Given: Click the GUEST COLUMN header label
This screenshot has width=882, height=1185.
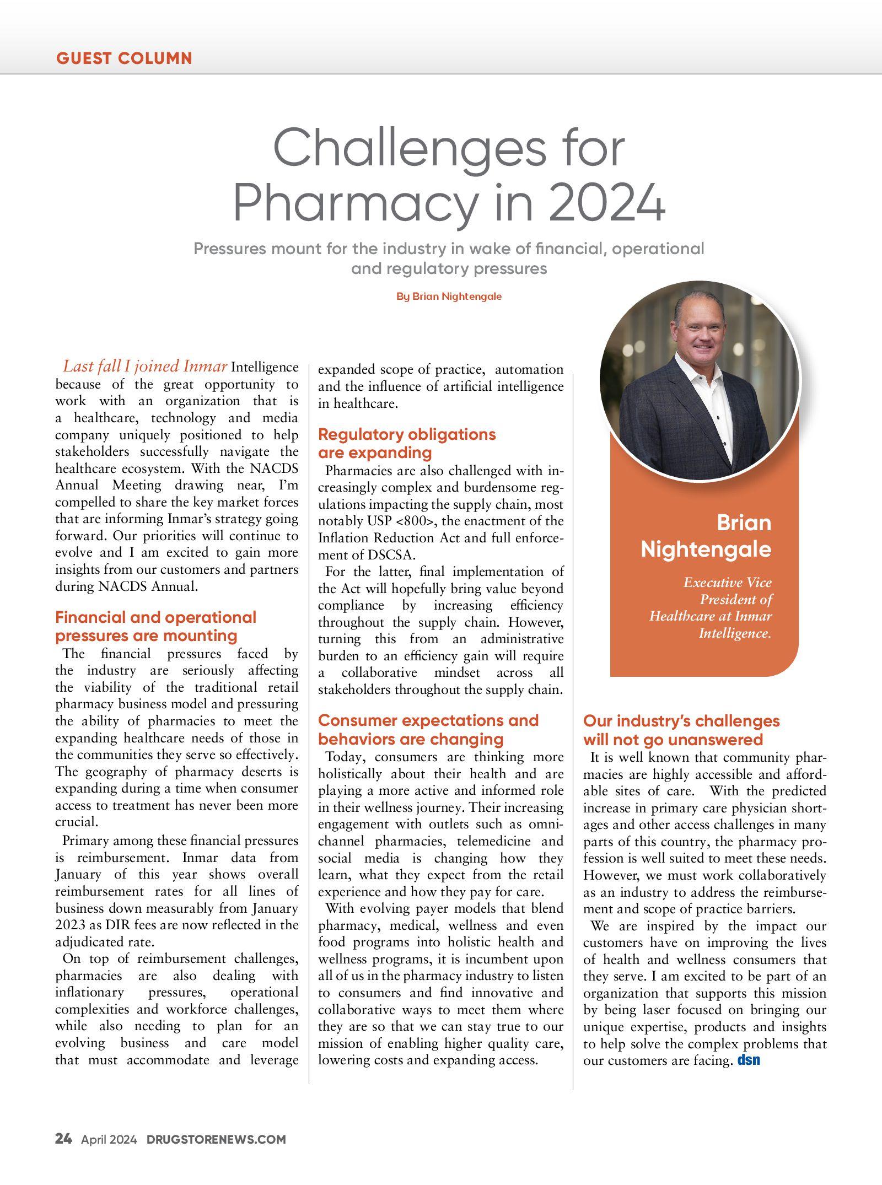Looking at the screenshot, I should coord(124,58).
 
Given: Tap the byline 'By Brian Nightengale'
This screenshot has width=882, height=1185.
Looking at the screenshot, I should coord(449,297).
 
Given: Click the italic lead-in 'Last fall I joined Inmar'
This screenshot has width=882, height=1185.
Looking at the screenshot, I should coord(145,367).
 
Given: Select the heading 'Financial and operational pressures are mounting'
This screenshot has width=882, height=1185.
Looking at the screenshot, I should coord(155,626).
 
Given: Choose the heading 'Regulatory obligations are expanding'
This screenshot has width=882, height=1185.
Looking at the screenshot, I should coord(407,443).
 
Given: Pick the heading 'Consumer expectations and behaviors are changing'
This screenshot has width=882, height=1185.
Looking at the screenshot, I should coord(428,729).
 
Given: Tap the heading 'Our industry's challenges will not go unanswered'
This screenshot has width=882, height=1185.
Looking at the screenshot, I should coord(681,730).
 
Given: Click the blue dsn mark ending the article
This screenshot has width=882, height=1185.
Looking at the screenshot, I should coord(749,1060).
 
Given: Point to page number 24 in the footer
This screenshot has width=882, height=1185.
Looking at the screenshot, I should coord(63,1139).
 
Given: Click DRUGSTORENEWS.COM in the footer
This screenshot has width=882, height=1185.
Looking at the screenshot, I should coord(216,1139).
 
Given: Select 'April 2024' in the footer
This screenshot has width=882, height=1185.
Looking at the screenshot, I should coord(109,1139).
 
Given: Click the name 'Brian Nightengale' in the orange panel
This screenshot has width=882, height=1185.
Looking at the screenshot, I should coord(706,536).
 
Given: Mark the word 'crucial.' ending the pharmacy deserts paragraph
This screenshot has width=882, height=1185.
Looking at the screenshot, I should coord(77,822).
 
